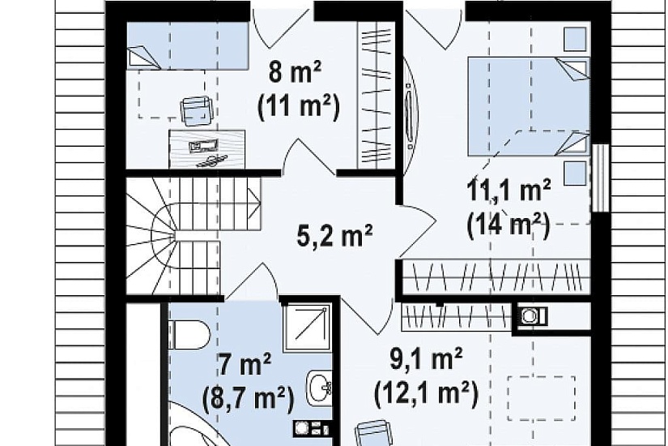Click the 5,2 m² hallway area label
334,236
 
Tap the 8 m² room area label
295,71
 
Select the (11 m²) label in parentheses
299,107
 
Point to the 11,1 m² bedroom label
508,191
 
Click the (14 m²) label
508,225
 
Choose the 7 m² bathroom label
245,366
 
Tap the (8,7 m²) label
249,399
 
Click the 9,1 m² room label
427,359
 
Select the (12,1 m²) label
426,393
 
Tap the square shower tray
307,327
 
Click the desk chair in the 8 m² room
196,111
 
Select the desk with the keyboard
206,149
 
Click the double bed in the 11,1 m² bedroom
529,106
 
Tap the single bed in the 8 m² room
188,45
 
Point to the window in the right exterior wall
599,178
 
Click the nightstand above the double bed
575,40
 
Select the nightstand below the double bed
575,173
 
